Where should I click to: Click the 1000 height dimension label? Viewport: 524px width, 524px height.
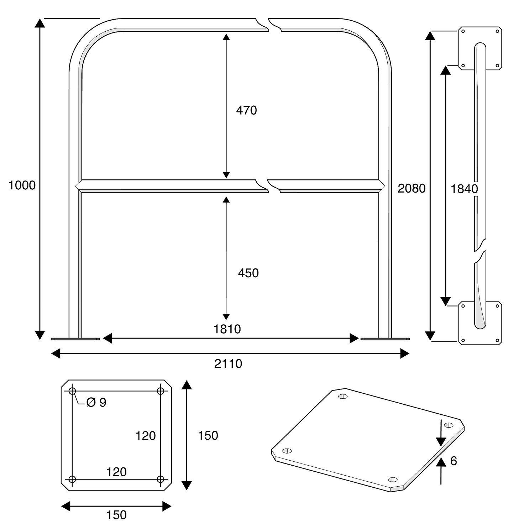click(22, 185)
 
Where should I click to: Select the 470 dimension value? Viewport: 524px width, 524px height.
click(246, 110)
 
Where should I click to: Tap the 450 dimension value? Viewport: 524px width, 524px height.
click(248, 273)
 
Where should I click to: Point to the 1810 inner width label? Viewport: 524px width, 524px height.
click(227, 329)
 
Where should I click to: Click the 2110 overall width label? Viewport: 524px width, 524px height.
click(228, 363)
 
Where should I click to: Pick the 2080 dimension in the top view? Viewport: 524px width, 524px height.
click(412, 188)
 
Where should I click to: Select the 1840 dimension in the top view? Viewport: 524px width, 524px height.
click(464, 189)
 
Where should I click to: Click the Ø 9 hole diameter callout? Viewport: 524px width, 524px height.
click(96, 402)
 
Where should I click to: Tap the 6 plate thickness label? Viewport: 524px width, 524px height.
click(454, 461)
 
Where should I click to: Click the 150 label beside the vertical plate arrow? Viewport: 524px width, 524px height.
click(208, 435)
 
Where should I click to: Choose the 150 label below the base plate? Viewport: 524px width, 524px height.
click(116, 515)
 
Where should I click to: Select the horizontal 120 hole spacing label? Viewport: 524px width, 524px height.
click(116, 472)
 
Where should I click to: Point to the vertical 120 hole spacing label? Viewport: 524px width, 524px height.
click(146, 436)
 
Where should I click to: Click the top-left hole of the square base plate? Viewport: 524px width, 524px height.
click(72, 391)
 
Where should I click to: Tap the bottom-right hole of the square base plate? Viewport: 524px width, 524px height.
click(161, 479)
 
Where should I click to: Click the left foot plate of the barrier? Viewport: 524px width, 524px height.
click(75, 339)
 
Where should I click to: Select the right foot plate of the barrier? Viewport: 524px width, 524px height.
click(385, 339)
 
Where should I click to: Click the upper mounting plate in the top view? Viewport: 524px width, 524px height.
click(480, 48)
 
